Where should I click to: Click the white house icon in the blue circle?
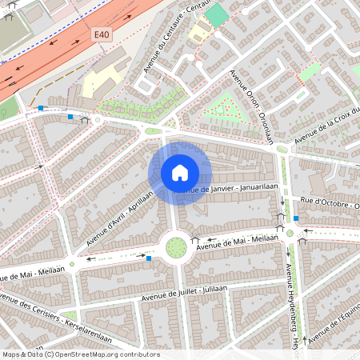(x=180, y=172)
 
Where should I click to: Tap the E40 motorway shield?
(x=100, y=35)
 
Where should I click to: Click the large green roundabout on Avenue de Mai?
(x=175, y=247)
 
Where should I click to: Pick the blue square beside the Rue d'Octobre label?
(x=296, y=218)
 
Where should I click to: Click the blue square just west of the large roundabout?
(x=148, y=258)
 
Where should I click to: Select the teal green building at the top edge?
(x=215, y=14)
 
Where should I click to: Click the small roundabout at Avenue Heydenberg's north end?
(x=289, y=234)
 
